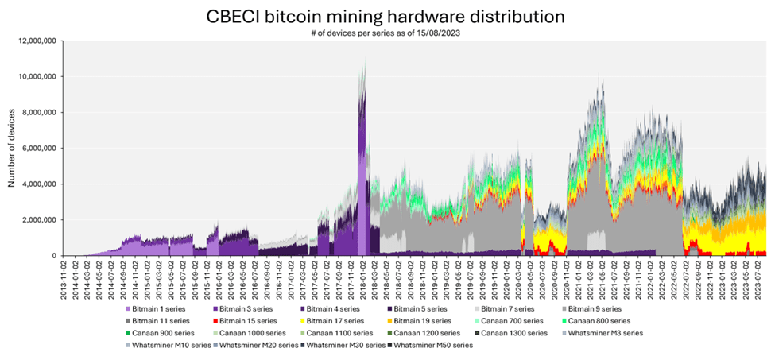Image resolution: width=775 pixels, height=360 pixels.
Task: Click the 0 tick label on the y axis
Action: tap(54, 256)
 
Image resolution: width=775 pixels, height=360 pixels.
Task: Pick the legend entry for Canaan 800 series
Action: tap(595, 320)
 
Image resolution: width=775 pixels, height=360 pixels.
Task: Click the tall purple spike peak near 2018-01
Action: tap(364, 62)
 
